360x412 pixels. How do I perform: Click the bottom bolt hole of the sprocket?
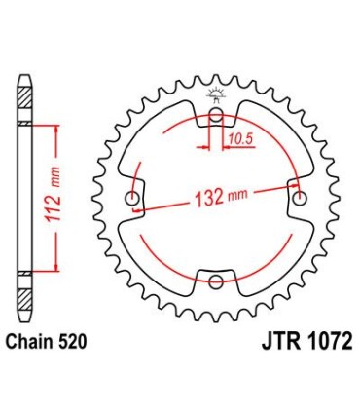(x=215, y=281)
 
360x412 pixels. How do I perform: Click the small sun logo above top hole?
(x=215, y=94)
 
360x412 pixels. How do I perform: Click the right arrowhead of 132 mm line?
(x=292, y=195)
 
